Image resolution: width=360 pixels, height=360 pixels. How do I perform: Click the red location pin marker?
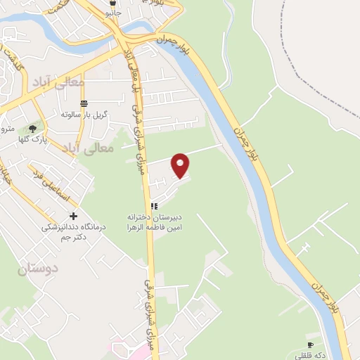pyautogui.click(x=181, y=165)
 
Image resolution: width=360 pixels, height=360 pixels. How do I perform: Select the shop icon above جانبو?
pyautogui.click(x=113, y=4)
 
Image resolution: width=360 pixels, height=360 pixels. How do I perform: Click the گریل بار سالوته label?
pyautogui.click(x=84, y=115)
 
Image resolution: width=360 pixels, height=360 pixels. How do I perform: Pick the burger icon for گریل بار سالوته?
pyautogui.click(x=84, y=103)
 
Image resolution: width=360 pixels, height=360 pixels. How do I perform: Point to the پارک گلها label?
pyautogui.click(x=32, y=139)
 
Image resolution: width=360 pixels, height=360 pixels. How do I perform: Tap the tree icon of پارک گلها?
pyautogui.click(x=32, y=128)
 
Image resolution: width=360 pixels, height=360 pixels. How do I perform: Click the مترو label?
pyautogui.click(x=7, y=129)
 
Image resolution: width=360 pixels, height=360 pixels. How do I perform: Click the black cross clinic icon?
pyautogui.click(x=73, y=216)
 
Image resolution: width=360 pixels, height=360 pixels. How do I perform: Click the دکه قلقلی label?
pyautogui.click(x=310, y=355)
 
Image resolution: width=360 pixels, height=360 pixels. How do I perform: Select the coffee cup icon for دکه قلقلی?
pyautogui.click(x=310, y=345)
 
